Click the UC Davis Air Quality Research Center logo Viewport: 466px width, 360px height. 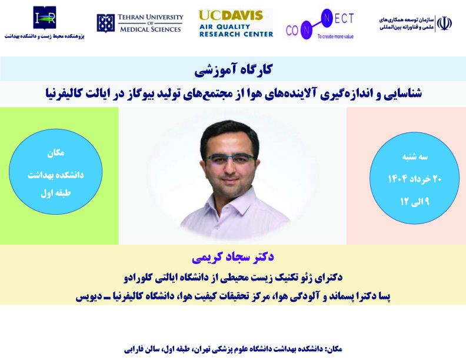(236, 23)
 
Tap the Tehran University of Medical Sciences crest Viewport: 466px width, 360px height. (105, 23)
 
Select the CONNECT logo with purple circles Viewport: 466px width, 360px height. (319, 24)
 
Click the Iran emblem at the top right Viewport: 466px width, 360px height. (444, 24)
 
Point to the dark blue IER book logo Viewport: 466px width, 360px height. (45, 18)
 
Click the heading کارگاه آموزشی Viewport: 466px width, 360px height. (233, 69)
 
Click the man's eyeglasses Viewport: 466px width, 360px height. (230, 159)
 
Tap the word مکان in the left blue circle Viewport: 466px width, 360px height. (55, 153)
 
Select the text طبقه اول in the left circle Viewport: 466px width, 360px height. (55, 193)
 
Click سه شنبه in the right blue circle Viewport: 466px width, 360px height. (415, 157)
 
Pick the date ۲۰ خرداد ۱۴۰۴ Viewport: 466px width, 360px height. (415, 179)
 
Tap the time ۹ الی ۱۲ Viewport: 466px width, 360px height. (415, 202)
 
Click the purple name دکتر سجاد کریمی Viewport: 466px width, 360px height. (232, 257)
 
